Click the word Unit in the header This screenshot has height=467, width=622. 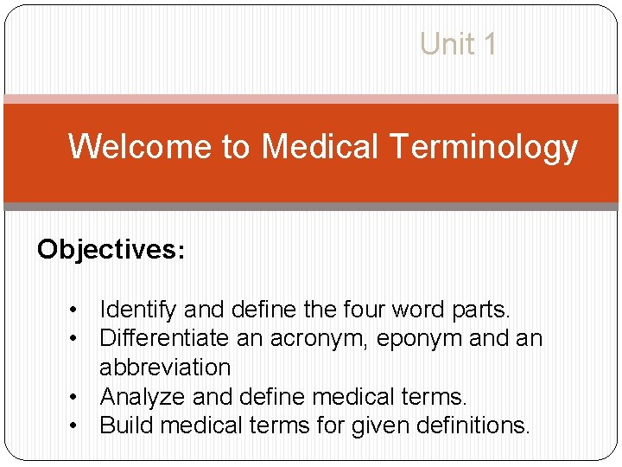point(446,43)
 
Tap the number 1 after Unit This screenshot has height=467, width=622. point(490,43)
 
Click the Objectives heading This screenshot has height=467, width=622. point(110,250)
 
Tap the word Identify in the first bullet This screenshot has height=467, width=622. point(135,310)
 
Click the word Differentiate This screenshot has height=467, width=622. point(169,338)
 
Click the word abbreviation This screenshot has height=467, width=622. point(165,367)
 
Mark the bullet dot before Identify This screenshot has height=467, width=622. point(77,310)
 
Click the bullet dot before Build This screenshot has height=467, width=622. point(77,425)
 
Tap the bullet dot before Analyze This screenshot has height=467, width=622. point(77,397)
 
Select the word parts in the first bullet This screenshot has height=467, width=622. point(479,310)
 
